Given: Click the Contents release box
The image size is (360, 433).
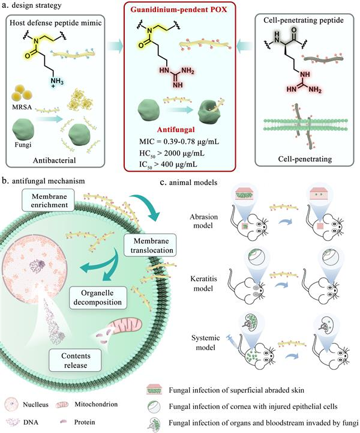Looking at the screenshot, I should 68,360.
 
